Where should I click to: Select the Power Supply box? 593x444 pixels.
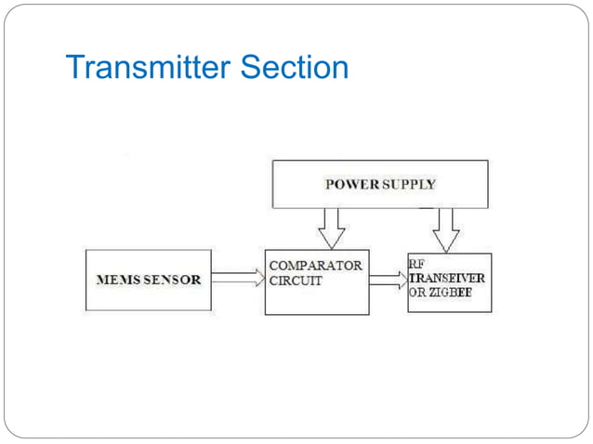click(x=379, y=184)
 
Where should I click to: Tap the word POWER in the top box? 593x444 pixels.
click(x=351, y=184)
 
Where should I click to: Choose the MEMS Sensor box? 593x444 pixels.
click(x=149, y=280)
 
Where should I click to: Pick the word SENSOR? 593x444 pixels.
click(x=172, y=280)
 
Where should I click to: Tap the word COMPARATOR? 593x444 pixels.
click(x=316, y=266)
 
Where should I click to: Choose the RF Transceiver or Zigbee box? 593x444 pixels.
click(x=449, y=282)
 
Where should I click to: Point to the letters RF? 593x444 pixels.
click(x=416, y=263)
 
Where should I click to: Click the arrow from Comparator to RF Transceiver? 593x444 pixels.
click(x=388, y=279)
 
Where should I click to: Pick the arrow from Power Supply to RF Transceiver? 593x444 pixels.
click(x=447, y=229)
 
